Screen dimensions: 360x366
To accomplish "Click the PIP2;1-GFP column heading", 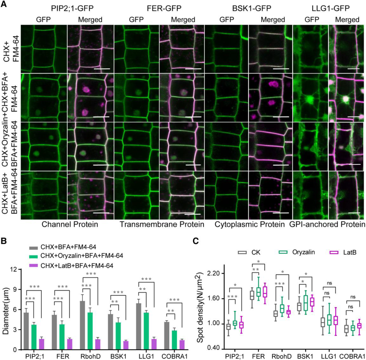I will [72, 8].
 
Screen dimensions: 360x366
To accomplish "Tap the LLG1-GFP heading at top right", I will [331, 8].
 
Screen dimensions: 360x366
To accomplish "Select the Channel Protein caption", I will [70, 224].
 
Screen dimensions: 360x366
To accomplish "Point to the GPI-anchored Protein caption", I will [327, 224].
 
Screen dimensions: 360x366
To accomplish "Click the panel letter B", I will [4, 241].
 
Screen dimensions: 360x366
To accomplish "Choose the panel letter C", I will [195, 241].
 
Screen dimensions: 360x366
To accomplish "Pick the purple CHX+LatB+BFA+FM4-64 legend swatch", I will [34, 266].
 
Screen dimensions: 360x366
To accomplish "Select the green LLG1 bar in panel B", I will [146, 331].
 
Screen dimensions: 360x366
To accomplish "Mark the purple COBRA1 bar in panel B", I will [182, 345].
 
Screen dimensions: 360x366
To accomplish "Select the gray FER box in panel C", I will [252, 295].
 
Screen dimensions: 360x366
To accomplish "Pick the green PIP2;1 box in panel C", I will [235, 323].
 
